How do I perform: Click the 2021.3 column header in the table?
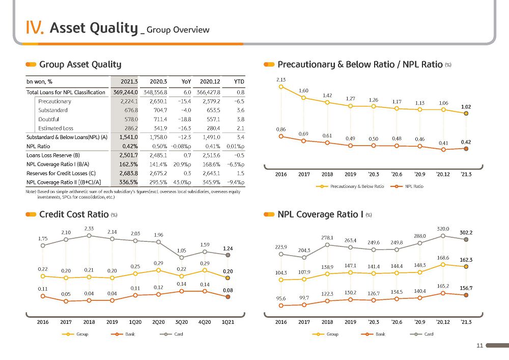[129, 81]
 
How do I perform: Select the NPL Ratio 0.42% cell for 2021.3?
[130, 146]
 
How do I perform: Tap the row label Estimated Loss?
[55, 128]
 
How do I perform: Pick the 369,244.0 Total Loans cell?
[125, 92]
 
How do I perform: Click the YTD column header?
[239, 81]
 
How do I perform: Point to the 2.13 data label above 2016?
[281, 79]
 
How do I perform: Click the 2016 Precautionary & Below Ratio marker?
[281, 87]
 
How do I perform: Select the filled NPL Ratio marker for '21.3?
[466, 149]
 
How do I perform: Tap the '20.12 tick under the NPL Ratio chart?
[443, 174]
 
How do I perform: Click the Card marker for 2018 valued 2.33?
[89, 236]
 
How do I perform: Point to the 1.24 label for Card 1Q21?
[228, 248]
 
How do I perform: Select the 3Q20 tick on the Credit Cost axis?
[182, 322]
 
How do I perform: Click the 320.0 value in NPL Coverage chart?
[443, 229]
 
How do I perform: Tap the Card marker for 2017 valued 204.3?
[304, 258]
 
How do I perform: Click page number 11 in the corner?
[480, 345]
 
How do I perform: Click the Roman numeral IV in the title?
[35, 27]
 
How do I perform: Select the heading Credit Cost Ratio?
[74, 214]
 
